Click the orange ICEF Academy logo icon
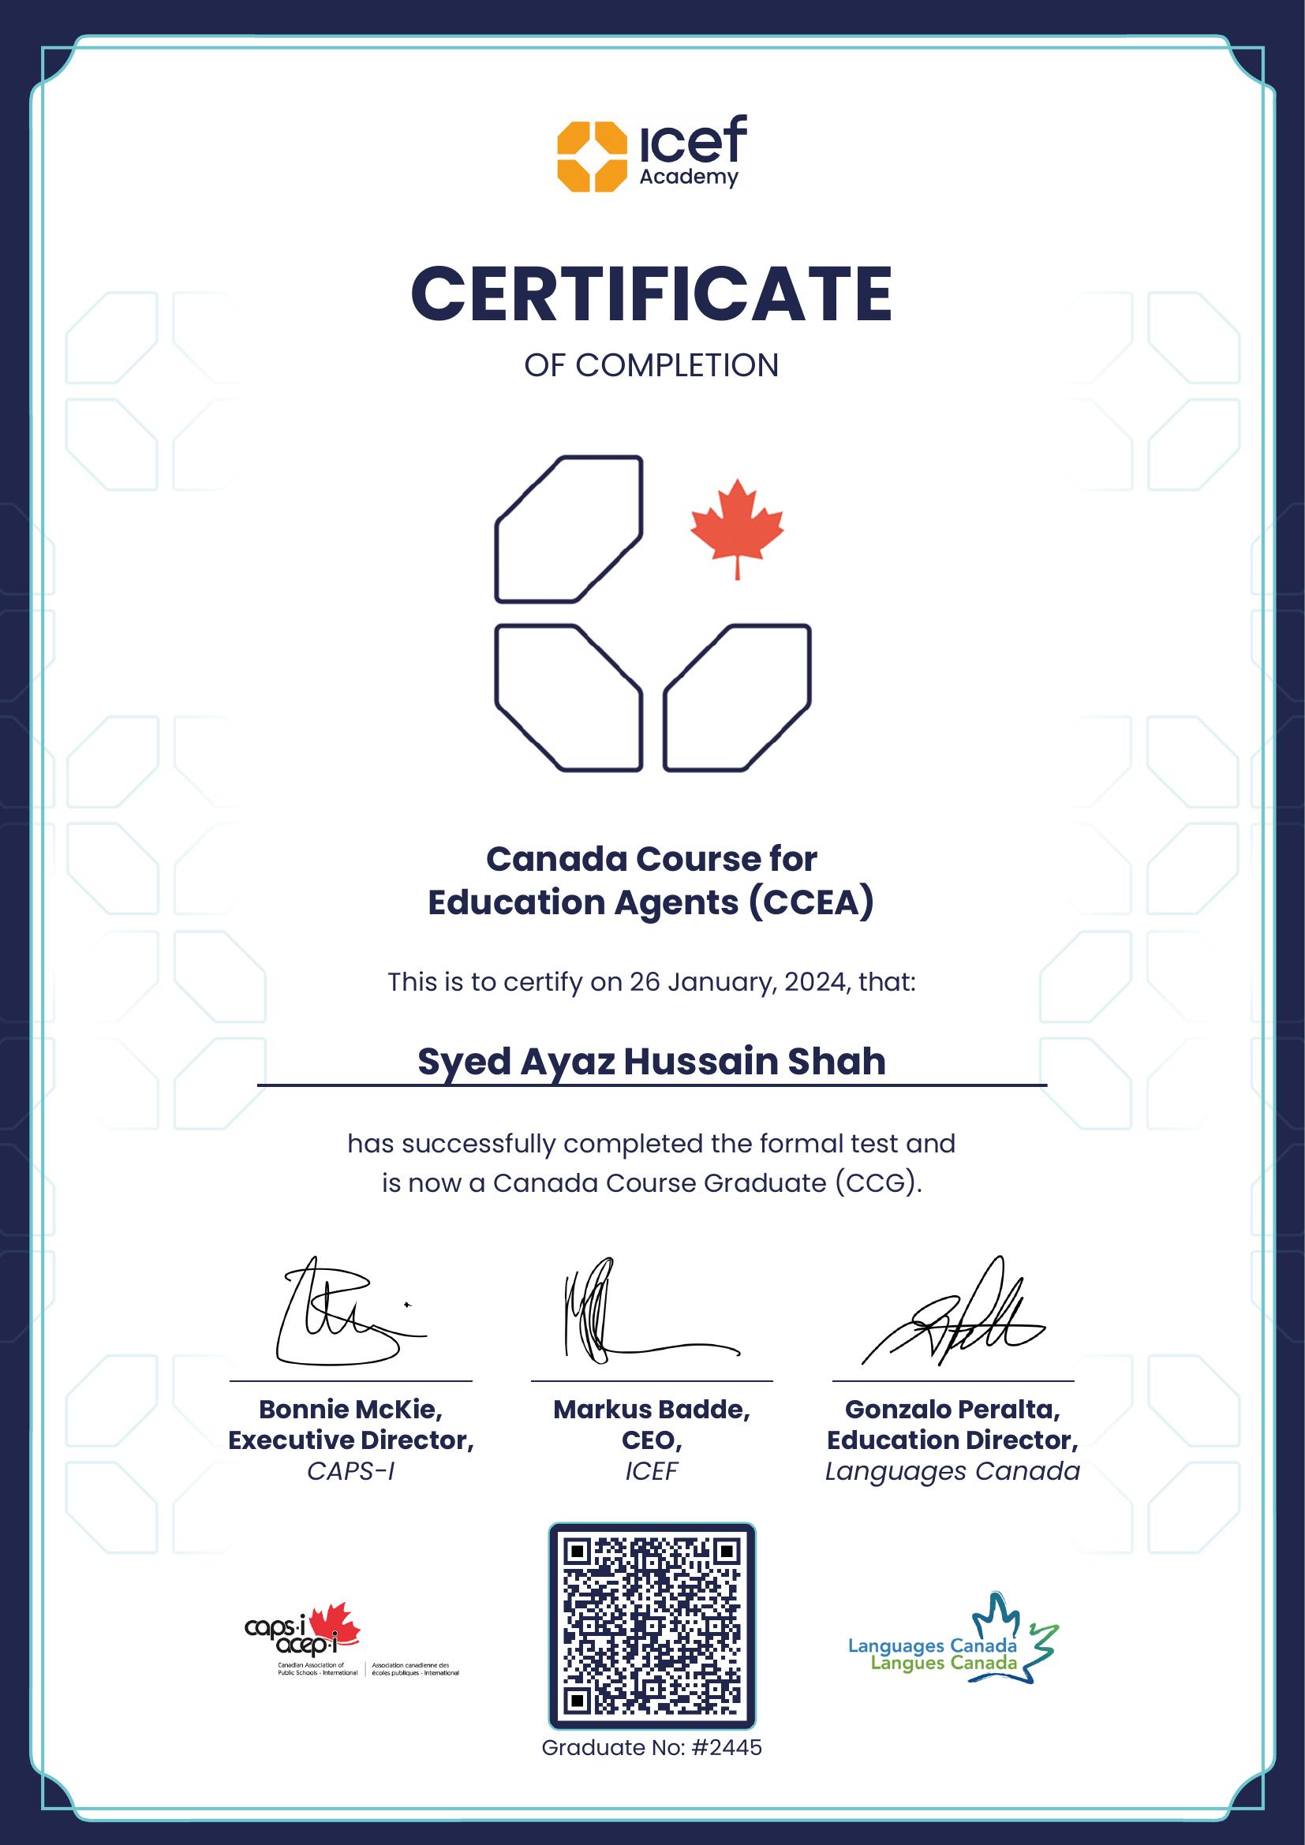[593, 157]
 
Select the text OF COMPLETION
[652, 366]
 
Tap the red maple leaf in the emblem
[737, 528]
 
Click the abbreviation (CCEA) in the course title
[810, 902]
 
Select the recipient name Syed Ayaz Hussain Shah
[652, 1062]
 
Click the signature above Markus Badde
[643, 1313]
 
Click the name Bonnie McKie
[350, 1410]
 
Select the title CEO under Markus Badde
[652, 1440]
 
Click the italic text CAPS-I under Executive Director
[350, 1471]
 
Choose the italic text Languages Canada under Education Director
[952, 1471]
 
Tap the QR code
[652, 1626]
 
